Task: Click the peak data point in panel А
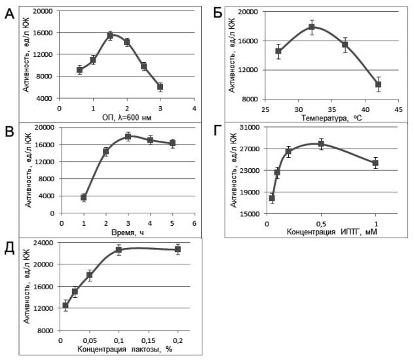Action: tap(110, 35)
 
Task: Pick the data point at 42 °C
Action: tap(378, 84)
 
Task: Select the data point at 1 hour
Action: tap(84, 197)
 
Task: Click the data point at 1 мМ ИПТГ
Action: tap(375, 163)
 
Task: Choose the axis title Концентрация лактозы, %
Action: tap(124, 350)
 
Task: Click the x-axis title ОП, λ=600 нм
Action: tap(126, 117)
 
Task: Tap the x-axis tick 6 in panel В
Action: tap(194, 223)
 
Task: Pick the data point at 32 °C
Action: tap(312, 27)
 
